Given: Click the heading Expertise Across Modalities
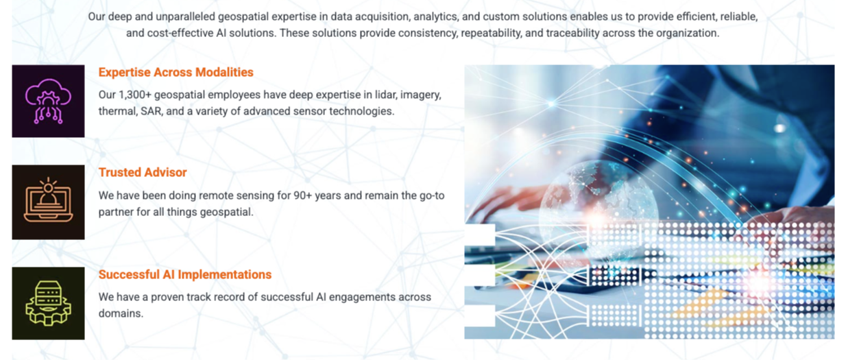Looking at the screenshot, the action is [176, 72].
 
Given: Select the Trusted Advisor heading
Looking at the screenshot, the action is [143, 172].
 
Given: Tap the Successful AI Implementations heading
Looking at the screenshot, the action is [185, 274].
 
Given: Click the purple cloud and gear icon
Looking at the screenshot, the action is [48, 101].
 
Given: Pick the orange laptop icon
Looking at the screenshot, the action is [48, 200].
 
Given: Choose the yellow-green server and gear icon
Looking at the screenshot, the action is [48, 303].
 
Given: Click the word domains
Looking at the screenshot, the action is [121, 313].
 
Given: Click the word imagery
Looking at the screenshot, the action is [421, 95].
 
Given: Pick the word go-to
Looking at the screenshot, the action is [432, 196].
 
